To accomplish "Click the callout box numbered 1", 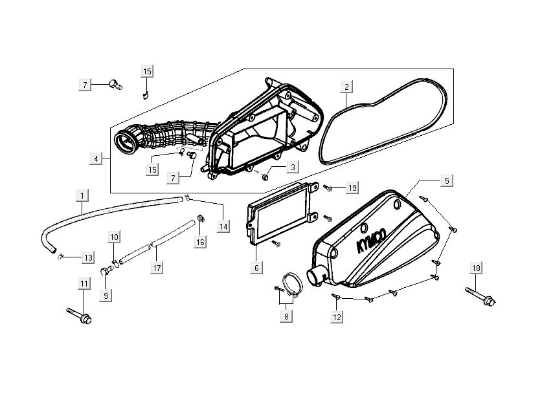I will [x=82, y=195].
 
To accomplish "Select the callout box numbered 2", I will [x=346, y=87].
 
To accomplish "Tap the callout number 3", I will [x=293, y=168].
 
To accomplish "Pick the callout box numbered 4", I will [x=96, y=158].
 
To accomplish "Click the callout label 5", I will [x=447, y=181].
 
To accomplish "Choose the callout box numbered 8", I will [x=286, y=317].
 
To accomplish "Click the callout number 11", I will [x=83, y=284].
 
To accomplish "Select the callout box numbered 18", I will [x=476, y=268].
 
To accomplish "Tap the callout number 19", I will [x=352, y=188].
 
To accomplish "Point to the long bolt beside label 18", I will [x=479, y=296].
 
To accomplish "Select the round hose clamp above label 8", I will [x=286, y=285].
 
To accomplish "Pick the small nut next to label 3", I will [x=265, y=176].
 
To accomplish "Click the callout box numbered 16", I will [x=201, y=241].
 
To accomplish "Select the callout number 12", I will [x=337, y=317].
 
